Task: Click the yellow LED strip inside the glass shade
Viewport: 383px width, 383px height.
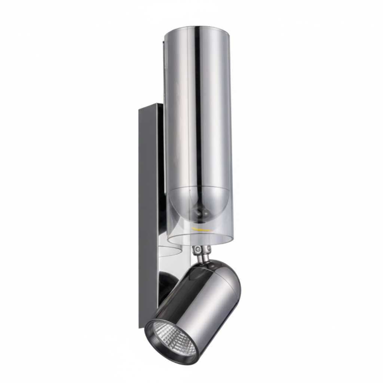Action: click(x=200, y=228)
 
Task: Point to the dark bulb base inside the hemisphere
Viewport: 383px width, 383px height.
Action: click(x=200, y=213)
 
